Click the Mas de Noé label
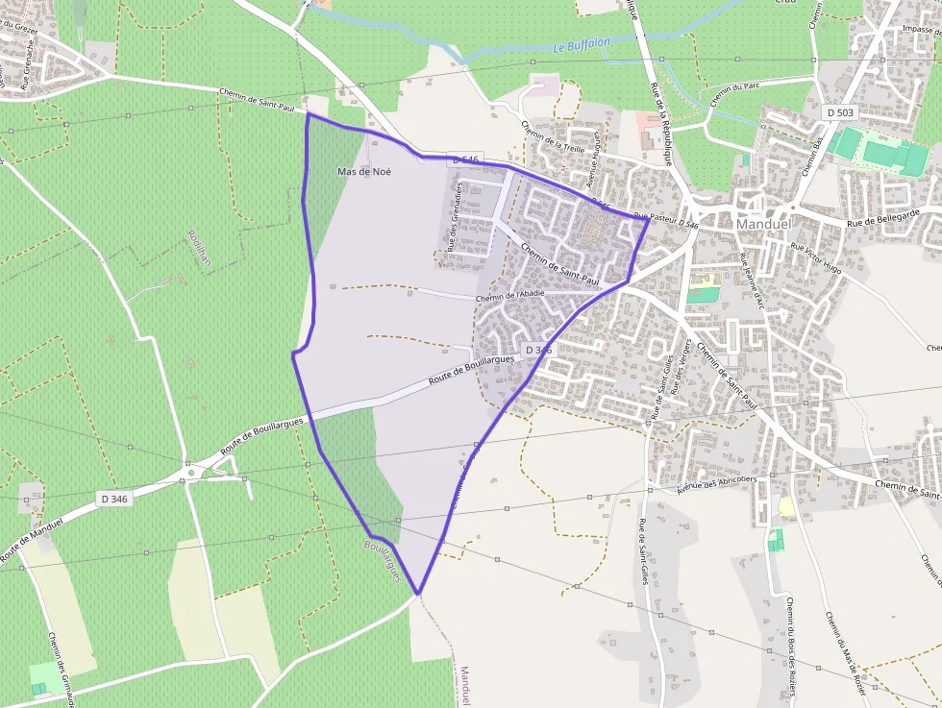364,172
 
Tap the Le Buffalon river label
582,44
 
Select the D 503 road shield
839,112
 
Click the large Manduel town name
762,224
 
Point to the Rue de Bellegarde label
883,217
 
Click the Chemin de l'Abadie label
509,297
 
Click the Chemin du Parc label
733,94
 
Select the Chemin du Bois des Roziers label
790,633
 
